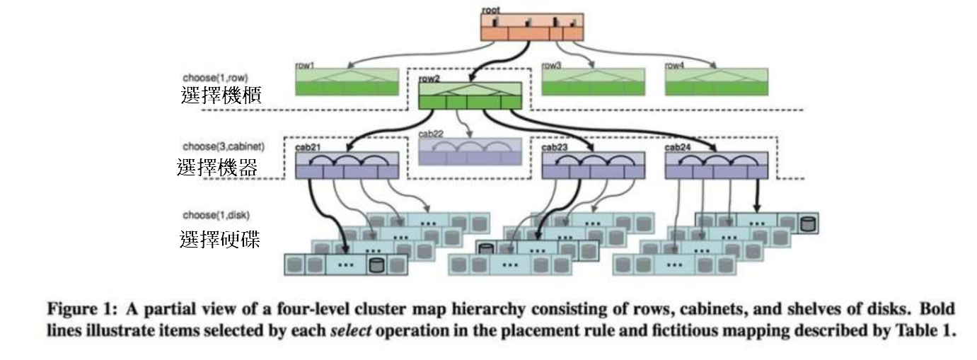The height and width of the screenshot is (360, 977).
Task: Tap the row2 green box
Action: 468,95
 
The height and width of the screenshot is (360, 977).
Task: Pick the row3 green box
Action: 593,82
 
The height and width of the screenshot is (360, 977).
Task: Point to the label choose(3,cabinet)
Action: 223,146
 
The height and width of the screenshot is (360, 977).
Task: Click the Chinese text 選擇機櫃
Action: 221,96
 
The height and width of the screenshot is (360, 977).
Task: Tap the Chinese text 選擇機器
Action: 217,167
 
